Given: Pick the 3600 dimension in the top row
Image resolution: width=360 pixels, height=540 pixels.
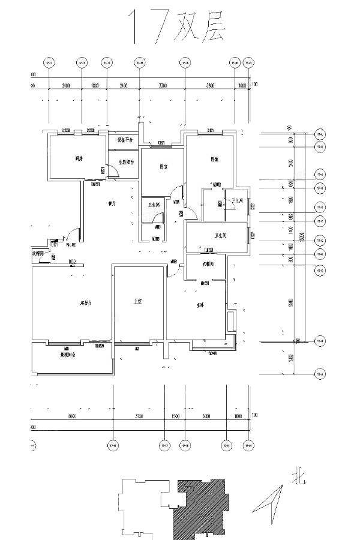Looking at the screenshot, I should tap(209, 86).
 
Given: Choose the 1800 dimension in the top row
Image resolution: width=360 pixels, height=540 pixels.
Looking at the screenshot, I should tap(94, 86).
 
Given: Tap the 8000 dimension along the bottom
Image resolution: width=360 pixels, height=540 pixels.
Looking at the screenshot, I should tap(71, 416).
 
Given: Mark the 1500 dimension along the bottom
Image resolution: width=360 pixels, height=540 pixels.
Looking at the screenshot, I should tap(175, 416).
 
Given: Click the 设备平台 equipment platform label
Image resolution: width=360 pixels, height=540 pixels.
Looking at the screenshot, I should tap(125, 140).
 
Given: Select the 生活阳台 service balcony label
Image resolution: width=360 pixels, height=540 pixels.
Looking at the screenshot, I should tap(126, 162).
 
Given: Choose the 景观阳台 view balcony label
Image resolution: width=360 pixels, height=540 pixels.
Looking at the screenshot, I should tap(67, 355).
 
